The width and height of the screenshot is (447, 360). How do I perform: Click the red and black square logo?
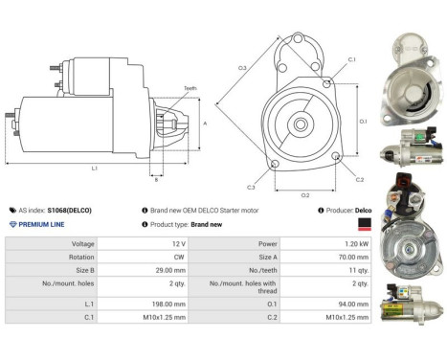[x=363, y=224]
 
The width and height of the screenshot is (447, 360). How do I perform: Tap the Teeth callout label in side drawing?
[x=190, y=89]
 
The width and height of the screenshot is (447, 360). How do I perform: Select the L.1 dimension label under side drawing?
[x=94, y=169]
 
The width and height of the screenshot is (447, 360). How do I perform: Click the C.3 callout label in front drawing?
[x=250, y=187]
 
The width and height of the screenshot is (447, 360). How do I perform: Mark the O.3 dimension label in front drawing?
[x=242, y=68]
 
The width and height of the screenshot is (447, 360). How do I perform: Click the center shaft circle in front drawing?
[x=300, y=124]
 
